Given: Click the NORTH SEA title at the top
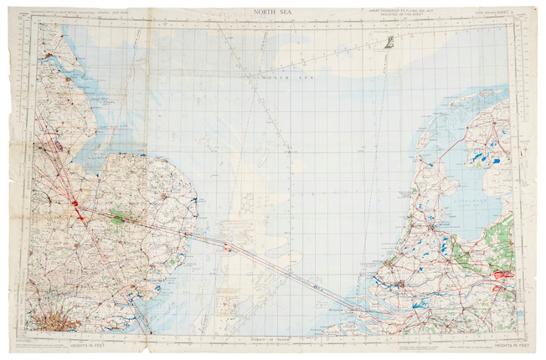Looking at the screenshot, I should click(273, 12).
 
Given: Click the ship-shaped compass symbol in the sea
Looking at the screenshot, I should click(390, 44).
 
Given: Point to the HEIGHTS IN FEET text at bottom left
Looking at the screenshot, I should click(70, 344).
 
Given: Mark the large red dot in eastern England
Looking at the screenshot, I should click(75, 203).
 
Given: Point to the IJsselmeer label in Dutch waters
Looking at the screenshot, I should click(464, 202).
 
